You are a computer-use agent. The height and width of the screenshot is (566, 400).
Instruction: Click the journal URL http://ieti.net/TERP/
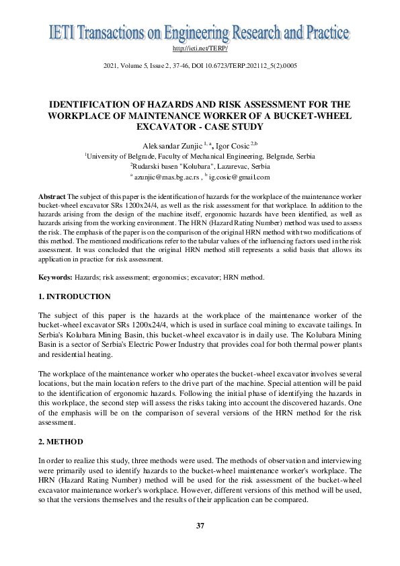(x=200, y=49)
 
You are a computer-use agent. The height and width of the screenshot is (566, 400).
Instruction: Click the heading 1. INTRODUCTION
(x=75, y=296)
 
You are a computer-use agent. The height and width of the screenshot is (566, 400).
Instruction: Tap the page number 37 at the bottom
(x=200, y=525)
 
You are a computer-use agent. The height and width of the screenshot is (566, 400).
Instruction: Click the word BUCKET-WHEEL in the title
(x=315, y=115)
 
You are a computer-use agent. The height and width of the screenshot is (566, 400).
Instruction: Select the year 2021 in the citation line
(x=111, y=66)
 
